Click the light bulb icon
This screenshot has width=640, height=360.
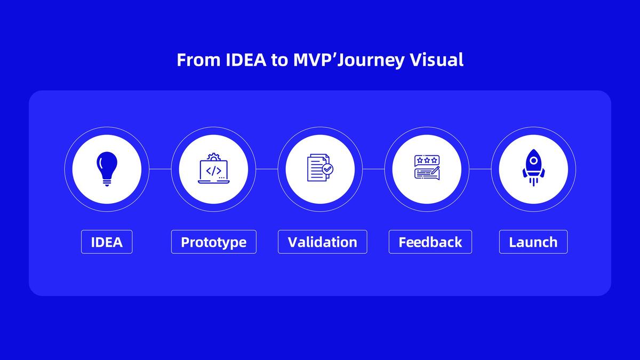(x=107, y=169)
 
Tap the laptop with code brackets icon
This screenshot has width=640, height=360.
(x=213, y=170)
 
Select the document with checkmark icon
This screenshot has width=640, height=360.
(x=319, y=168)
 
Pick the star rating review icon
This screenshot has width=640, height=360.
(x=427, y=167)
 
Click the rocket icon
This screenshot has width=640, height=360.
(x=533, y=167)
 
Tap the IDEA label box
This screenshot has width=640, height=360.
(x=107, y=242)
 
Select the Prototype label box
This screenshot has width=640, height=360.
(x=213, y=242)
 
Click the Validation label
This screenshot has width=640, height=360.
(x=322, y=242)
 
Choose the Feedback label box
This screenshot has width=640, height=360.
(x=430, y=242)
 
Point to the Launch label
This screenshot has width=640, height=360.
(x=533, y=242)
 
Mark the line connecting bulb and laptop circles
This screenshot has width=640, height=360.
(x=160, y=169)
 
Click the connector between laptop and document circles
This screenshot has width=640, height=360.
(x=267, y=169)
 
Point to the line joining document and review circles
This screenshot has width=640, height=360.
(x=373, y=169)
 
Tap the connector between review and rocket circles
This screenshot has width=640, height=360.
(x=480, y=169)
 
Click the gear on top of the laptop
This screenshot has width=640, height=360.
(x=213, y=157)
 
